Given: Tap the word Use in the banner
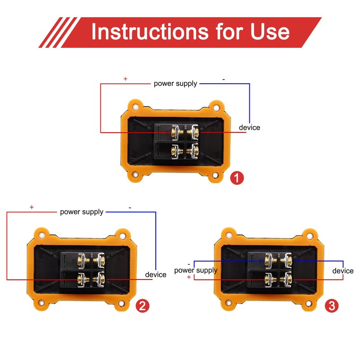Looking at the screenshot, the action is click(270, 31).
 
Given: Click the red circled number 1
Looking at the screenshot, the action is click(237, 178).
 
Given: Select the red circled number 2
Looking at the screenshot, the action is click(142, 306).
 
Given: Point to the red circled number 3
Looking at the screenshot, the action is click(332, 306).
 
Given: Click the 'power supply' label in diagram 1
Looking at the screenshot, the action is click(175, 84).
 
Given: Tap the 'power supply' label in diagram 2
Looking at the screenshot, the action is click(82, 212).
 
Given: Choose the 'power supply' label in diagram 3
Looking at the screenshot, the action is click(196, 270).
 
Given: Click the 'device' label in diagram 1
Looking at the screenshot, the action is click(250, 127).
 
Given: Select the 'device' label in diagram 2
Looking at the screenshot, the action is click(156, 274).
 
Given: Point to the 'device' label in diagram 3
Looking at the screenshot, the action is click(343, 271).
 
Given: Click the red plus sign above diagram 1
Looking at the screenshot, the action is click(126, 79).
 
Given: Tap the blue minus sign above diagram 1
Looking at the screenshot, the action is click(224, 80).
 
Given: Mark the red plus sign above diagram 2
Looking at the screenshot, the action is click(31, 207).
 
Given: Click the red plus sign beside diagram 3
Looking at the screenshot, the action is click(189, 277).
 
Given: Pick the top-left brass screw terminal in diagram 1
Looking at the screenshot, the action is click(175, 132).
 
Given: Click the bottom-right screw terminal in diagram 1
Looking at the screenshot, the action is click(194, 151).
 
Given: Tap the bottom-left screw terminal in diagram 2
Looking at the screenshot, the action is click(81, 279).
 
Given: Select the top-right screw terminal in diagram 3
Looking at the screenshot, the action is click(288, 261).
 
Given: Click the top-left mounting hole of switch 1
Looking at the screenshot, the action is click(136, 107).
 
